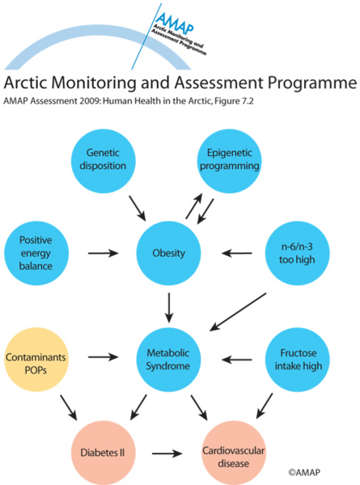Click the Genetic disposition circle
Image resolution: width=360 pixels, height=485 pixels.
tap(103, 161)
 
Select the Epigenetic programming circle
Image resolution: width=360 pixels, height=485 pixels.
tap(230, 161)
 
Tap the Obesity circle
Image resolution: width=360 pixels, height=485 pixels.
tap(169, 253)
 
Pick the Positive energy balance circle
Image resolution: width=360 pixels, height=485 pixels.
tap(36, 253)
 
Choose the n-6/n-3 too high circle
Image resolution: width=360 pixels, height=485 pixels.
tap(297, 253)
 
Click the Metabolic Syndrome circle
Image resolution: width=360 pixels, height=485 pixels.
tap(169, 360)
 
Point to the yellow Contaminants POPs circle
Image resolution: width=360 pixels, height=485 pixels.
tap(36, 360)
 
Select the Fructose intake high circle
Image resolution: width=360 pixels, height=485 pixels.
tap(297, 360)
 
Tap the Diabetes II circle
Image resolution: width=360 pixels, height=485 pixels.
tap(103, 453)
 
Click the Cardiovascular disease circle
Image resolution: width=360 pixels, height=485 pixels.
tap(234, 453)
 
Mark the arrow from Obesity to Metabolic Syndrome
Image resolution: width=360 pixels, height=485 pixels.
tap(169, 308)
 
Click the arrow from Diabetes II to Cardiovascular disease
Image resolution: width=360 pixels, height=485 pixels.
tap(167, 453)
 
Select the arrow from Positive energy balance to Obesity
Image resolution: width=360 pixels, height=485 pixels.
tap(103, 253)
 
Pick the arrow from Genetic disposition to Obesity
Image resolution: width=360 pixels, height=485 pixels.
tap(138, 209)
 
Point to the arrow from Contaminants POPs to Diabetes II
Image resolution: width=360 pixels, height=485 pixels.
tap(69, 407)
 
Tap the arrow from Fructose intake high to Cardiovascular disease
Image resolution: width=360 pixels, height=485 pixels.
tap(265, 406)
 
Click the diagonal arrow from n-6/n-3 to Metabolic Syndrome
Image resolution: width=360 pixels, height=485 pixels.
tap(238, 312)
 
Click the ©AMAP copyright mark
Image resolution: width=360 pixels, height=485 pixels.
tap(304, 472)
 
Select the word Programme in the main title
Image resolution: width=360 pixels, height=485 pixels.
tap(312, 83)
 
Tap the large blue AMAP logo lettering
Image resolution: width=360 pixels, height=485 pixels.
tap(175, 23)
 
